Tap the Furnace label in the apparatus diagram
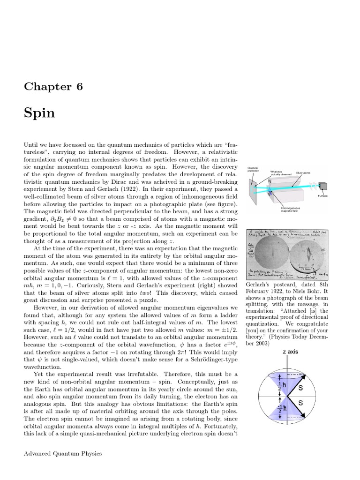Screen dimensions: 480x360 322,195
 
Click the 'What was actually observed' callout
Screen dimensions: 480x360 281,173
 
